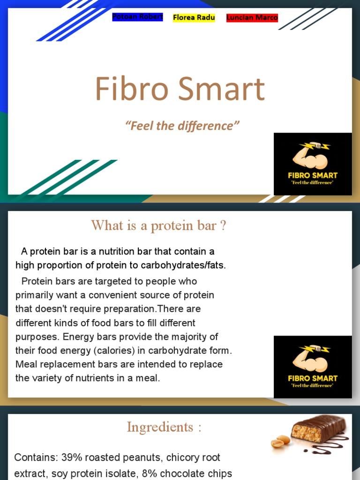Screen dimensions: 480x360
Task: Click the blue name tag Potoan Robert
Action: point(137,17)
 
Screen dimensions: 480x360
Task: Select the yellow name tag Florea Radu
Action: point(194,18)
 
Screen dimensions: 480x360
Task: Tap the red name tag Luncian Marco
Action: point(252,18)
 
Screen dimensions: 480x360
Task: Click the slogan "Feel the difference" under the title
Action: point(182,126)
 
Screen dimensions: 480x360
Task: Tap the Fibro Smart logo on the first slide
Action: point(313,164)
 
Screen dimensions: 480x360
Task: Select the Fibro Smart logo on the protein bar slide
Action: point(313,367)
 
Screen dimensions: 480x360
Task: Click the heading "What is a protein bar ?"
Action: point(158,225)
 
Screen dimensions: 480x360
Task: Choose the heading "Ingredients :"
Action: point(164,427)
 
